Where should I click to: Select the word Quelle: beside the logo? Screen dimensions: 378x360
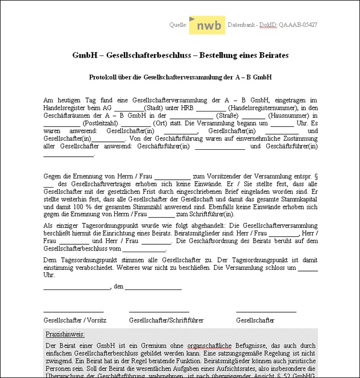178,25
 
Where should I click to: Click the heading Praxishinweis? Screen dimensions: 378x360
65,334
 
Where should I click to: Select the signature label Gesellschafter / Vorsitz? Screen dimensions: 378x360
75,320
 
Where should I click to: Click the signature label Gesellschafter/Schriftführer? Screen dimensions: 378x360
166,320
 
